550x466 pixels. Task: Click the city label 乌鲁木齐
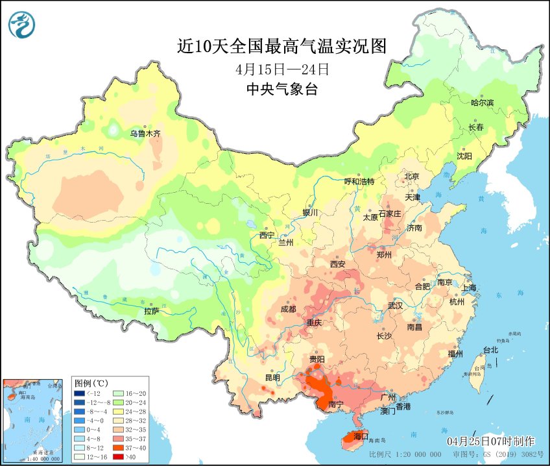tap(145, 134)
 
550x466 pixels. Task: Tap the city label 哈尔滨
tap(482, 103)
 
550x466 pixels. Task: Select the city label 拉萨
tap(152, 312)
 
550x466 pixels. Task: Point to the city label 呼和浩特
tap(359, 182)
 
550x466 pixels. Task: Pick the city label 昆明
tap(272, 378)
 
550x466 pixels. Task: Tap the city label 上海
tap(468, 288)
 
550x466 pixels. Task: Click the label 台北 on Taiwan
tap(490, 350)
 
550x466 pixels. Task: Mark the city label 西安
tap(338, 264)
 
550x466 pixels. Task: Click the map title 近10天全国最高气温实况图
tap(281, 46)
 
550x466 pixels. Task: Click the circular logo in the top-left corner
tap(22, 24)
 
